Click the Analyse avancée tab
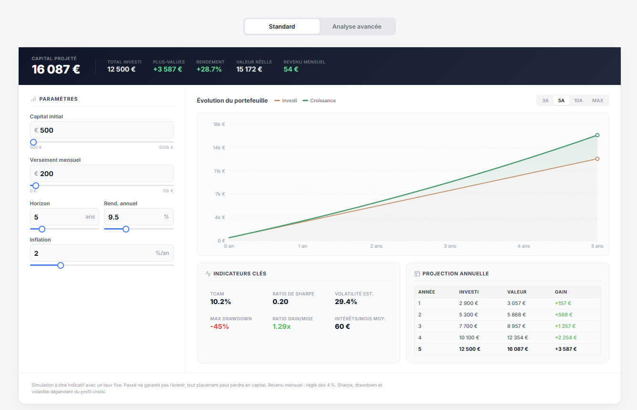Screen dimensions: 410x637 click(356, 27)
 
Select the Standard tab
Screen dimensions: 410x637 click(282, 27)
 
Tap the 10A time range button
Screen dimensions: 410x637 click(578, 100)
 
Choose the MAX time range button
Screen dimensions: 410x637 click(597, 100)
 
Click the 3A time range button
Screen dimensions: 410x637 click(545, 100)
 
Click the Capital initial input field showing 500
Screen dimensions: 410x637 click(101, 130)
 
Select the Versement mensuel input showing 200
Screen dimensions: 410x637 click(101, 174)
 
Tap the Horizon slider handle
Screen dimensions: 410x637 click(42, 229)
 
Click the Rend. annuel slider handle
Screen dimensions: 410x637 click(126, 229)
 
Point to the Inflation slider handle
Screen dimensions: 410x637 click(61, 265)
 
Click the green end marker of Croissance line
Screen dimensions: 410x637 click(597, 135)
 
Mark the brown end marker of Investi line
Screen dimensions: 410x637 click(597, 159)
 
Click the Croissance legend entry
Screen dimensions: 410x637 click(323, 101)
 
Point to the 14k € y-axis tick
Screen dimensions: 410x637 click(219, 148)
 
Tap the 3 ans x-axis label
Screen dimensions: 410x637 click(449, 246)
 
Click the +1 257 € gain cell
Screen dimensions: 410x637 click(565, 326)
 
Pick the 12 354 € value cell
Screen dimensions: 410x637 click(516, 337)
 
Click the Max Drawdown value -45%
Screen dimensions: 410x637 click(219, 326)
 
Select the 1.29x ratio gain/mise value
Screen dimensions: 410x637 click(282, 326)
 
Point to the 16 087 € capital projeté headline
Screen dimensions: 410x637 click(56, 69)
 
